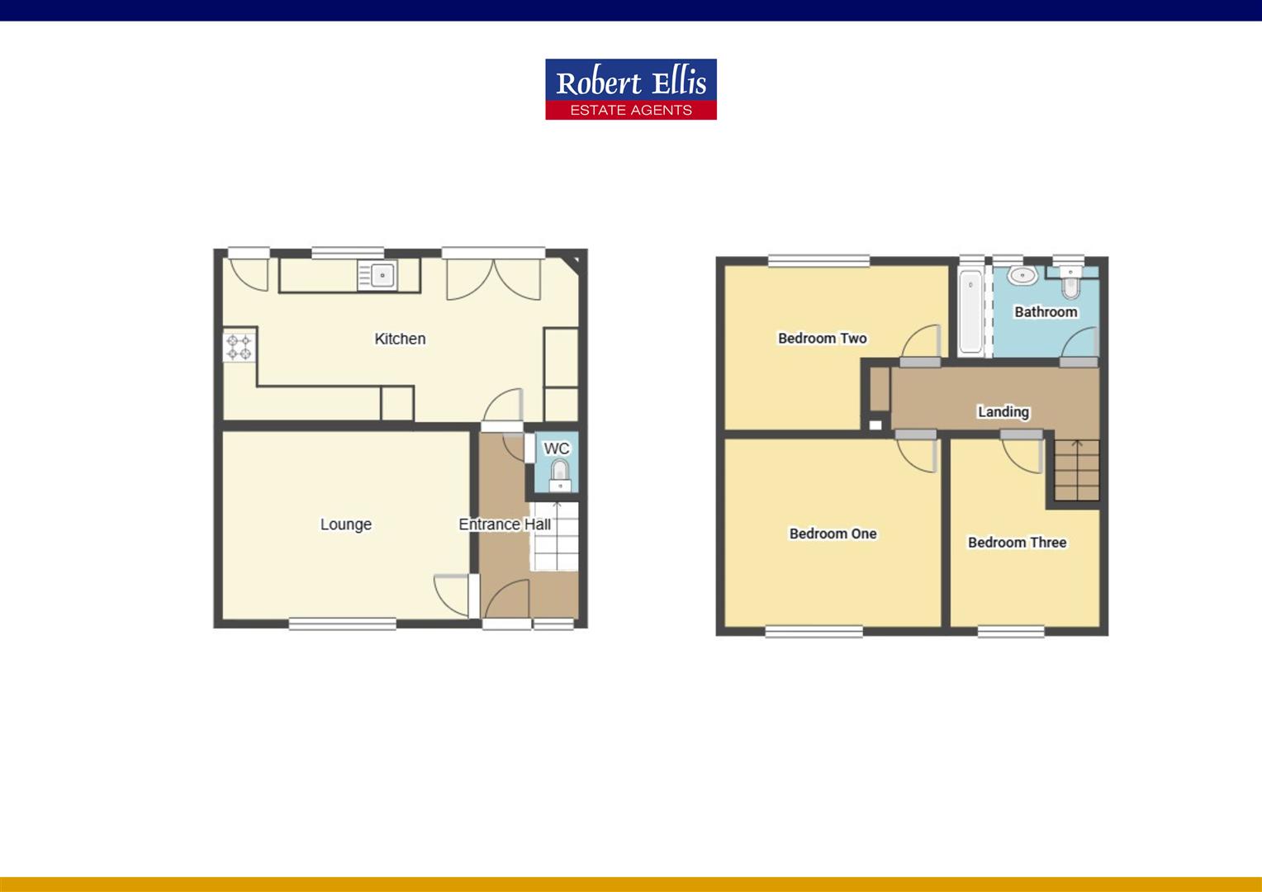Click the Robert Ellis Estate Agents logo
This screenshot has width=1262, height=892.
coord(630,89)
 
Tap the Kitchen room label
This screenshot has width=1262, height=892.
coord(400,339)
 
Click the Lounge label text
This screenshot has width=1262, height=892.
coord(345,524)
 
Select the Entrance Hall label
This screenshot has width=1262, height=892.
coord(504,524)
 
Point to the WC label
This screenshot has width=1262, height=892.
coord(556,448)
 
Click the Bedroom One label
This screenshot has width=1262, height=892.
coord(833,534)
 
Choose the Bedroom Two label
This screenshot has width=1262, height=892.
coord(822,338)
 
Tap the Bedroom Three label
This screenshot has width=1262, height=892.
coord(1017,543)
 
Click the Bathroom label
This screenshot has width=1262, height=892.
coord(1046,312)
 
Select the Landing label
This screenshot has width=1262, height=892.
coord(1003,411)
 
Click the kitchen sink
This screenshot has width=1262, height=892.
coord(377,275)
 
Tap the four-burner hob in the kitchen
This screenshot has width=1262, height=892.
coord(240,346)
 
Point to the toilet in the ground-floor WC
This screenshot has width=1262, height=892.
coord(559,472)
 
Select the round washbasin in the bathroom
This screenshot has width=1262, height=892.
coord(1022,275)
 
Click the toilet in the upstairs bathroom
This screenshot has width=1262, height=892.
coord(1071,283)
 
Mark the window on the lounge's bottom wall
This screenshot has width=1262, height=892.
coord(343,624)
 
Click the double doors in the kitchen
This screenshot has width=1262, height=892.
coord(494,278)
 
